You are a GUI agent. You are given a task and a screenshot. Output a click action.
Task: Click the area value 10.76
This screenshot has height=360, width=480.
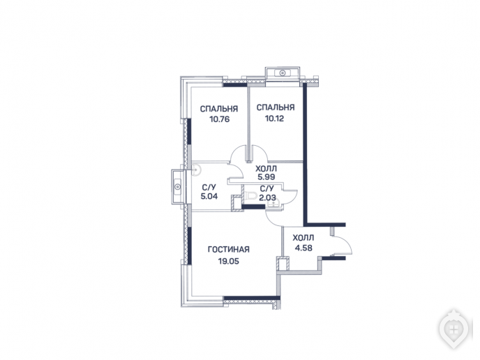click(220, 119)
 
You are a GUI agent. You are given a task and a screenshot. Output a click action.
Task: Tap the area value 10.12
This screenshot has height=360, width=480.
click(274, 118)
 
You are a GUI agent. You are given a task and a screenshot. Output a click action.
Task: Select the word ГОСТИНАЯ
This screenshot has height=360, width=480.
click(229, 249)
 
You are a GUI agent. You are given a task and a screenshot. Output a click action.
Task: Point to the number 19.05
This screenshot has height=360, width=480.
click(228, 261)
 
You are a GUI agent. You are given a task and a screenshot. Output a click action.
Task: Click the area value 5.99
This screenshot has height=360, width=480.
click(267, 177)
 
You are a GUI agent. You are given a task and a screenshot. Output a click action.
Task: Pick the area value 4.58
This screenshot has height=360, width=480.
click(303, 248)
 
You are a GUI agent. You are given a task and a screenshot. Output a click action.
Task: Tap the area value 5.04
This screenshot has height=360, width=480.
click(209, 196)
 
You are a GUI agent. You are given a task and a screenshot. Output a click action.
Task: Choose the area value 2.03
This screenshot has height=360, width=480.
click(267, 197)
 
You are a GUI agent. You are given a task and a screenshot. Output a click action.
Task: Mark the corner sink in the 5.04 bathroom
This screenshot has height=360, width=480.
click(195, 170)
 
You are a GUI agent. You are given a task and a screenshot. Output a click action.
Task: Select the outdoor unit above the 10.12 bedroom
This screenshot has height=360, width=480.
click(283, 73)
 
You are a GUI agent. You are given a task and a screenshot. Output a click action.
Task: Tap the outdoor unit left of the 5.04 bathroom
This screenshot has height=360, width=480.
click(177, 186)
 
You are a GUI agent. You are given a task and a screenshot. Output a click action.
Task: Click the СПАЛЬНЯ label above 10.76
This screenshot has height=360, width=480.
click(219, 109)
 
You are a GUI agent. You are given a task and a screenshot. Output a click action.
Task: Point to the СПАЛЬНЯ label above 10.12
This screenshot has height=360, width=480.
click(276, 107)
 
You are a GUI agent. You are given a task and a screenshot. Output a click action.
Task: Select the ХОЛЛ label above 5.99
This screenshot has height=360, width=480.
click(266, 168)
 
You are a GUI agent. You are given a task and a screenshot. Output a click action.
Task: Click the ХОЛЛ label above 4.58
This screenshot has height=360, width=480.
click(303, 238)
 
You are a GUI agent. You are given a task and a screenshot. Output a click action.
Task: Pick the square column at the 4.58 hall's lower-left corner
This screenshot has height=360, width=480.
click(283, 264)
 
